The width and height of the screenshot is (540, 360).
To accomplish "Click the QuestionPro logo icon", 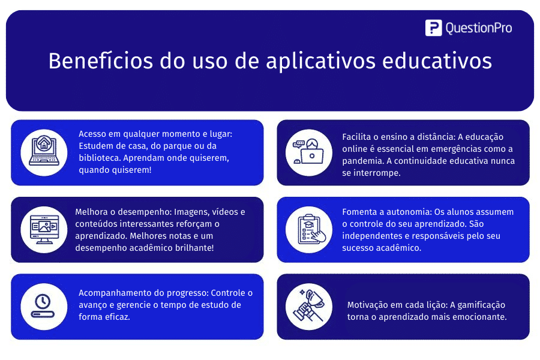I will coord(433,28).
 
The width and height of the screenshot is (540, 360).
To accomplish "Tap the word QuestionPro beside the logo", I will coord(478,28).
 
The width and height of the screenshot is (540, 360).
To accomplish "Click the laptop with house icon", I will coord(44,152).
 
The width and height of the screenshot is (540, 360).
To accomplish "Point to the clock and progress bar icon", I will coord(44,307).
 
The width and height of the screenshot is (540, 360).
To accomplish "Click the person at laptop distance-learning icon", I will coord(308,152).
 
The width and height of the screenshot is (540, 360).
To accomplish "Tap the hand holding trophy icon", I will coord(308,307).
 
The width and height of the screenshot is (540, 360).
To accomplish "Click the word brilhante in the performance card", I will coord(191,247).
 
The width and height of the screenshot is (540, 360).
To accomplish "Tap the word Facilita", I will coord(358,137).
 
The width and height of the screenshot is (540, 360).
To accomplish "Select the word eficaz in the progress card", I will coord(117,317).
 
